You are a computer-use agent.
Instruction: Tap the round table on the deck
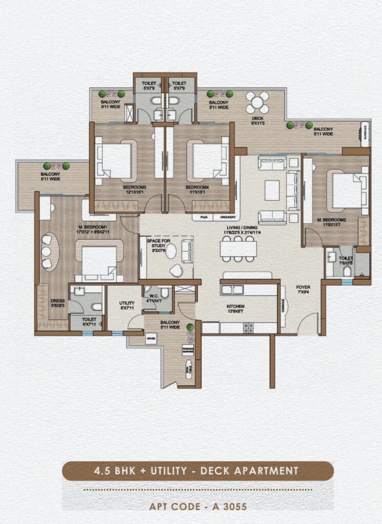coord(257,103)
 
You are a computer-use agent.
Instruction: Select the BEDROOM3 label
coord(134,188)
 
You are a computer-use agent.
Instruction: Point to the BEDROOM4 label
coord(197,188)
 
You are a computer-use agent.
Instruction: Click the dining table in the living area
coord(239,249)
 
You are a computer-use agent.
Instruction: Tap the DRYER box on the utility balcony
coord(151,339)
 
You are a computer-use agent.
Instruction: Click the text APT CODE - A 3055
coord(198,507)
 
